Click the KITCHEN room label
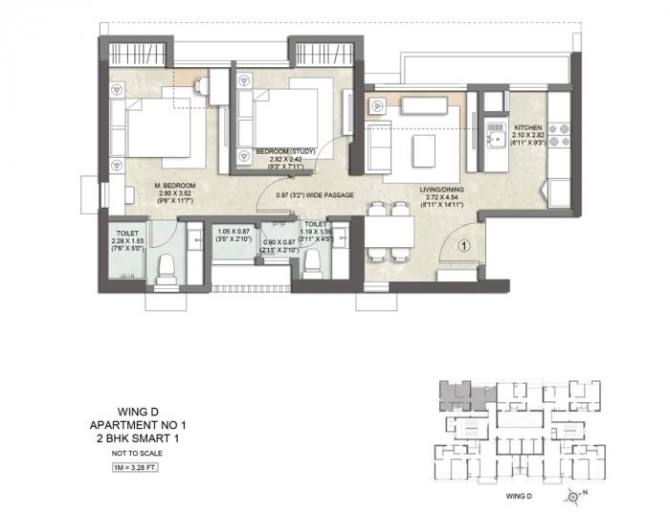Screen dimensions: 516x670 coord(528,127)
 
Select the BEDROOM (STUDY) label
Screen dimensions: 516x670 coord(285,151)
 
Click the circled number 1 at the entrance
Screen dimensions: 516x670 coord(463,244)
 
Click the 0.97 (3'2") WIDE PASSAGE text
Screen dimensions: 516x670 coord(315,195)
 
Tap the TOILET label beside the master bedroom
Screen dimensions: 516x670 coord(129,233)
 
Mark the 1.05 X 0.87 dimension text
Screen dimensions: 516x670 coord(234,232)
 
